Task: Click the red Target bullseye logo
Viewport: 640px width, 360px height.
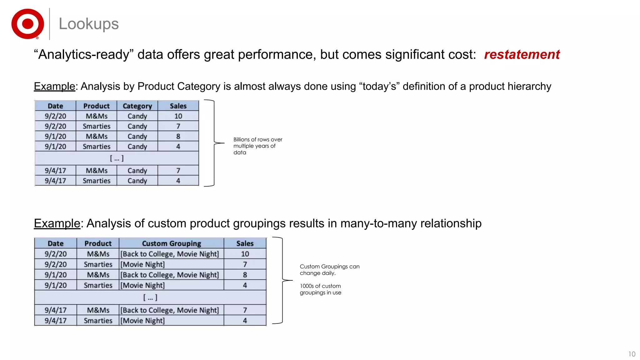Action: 27,24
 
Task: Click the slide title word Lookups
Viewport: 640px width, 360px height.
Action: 89,24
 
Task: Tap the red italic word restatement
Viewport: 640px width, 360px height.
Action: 522,54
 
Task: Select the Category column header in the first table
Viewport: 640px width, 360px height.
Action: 137,106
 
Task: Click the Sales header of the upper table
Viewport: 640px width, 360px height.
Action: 178,106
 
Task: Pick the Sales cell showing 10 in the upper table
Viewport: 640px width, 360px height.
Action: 178,116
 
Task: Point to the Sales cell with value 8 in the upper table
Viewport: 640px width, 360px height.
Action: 178,136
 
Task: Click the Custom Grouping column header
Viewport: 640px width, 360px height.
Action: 171,243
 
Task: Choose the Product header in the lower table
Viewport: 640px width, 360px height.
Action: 98,243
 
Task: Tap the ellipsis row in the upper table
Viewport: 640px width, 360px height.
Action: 117,158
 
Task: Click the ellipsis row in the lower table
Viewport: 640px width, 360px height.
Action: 150,297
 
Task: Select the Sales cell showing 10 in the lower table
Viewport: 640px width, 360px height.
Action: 245,254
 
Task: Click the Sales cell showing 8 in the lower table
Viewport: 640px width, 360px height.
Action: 245,275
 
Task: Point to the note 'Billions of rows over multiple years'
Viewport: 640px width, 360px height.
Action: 257,146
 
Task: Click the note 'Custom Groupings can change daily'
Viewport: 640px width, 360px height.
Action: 329,270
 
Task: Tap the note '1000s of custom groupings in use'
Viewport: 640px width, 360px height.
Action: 320,289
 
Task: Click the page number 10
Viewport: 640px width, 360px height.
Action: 632,354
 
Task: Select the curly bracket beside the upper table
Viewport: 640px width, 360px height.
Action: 214,143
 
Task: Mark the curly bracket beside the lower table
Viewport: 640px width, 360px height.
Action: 283,280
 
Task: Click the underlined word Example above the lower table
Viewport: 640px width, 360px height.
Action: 57,223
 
